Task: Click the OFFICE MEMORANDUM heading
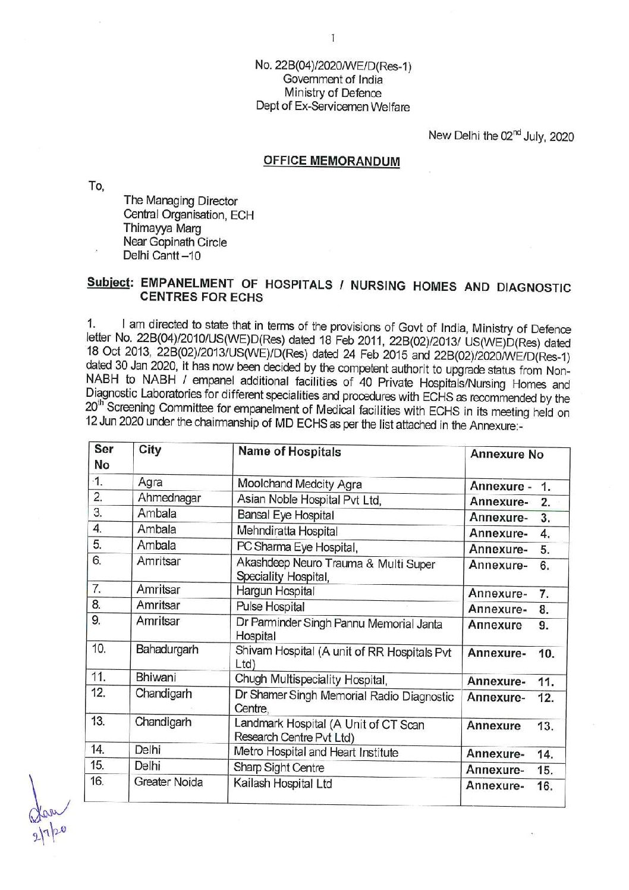click(x=331, y=161)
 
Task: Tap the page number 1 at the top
click(x=333, y=38)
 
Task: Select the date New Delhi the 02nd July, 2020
click(x=501, y=136)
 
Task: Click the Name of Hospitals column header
click(x=290, y=452)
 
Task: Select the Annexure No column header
click(x=507, y=454)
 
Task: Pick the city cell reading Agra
click(x=150, y=482)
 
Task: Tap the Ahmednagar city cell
click(x=169, y=498)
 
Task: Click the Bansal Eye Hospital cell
click(x=285, y=515)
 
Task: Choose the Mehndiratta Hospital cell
click(x=287, y=531)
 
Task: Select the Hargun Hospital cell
click(x=275, y=591)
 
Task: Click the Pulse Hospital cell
click(x=271, y=607)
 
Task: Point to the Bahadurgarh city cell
click(x=167, y=649)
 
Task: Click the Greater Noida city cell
click(x=168, y=782)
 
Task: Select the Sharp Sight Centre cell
click(x=279, y=767)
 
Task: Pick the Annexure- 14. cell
click(x=510, y=754)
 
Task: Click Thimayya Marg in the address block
click(x=162, y=228)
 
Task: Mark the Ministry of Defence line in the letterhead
click(x=333, y=93)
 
